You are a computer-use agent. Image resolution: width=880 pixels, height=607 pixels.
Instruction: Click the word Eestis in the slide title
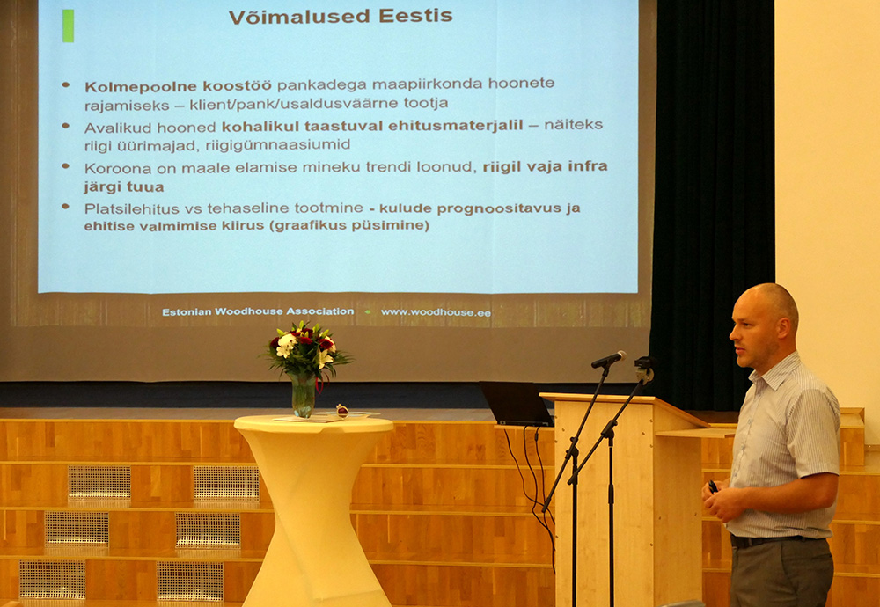(416, 16)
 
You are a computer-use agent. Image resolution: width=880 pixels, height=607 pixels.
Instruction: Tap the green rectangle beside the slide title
(68, 26)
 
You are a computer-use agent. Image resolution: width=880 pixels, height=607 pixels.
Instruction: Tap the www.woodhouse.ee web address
(436, 312)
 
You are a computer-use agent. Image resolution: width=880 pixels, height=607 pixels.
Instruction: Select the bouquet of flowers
(306, 350)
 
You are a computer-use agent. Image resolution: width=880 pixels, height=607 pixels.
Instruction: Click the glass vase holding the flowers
(303, 396)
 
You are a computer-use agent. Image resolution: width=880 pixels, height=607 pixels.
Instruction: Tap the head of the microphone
(608, 359)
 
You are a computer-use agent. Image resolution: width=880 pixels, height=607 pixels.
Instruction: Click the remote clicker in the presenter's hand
(713, 486)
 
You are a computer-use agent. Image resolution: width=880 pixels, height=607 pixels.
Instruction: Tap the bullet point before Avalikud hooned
(66, 126)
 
